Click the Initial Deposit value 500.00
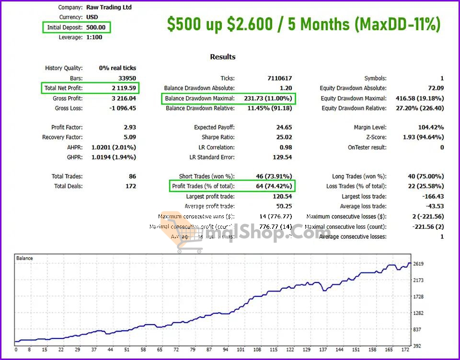pyautogui.click(x=96, y=27)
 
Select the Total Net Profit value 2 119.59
pyautogui.click(x=123, y=88)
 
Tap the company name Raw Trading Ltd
pyautogui.click(x=109, y=7)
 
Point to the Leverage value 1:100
pyautogui.click(x=94, y=37)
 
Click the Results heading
pyautogui.click(x=223, y=56)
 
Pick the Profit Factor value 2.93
pyautogui.click(x=129, y=127)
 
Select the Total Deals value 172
pyautogui.click(x=130, y=186)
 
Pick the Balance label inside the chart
pyautogui.click(x=25, y=258)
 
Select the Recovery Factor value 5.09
pyautogui.click(x=129, y=137)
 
